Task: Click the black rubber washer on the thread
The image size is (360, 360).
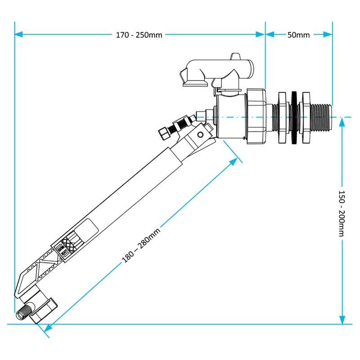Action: coord(294,118)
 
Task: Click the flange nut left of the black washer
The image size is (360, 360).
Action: coord(282,118)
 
